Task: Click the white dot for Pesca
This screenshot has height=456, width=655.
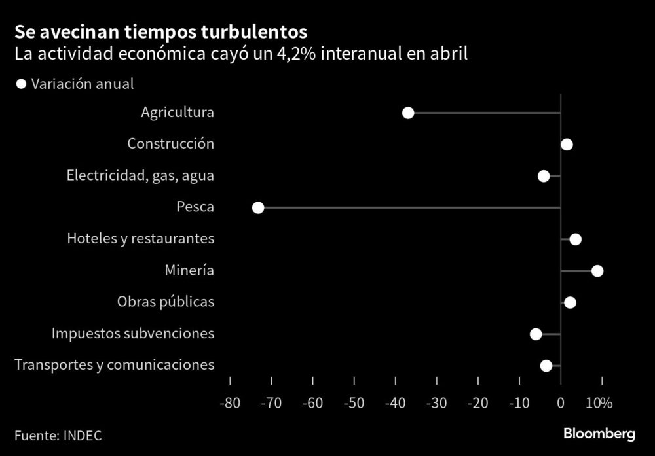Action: tap(258, 207)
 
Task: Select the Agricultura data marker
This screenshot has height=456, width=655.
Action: tap(408, 113)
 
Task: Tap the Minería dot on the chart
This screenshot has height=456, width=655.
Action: tap(597, 271)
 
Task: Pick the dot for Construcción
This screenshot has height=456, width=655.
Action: tap(567, 145)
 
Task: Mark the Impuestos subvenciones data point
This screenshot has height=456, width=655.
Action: tap(536, 334)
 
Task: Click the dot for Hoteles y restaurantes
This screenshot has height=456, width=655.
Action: tap(575, 239)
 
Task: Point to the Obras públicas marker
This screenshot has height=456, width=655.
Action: tap(570, 302)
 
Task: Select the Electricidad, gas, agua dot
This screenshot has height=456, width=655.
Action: tap(544, 175)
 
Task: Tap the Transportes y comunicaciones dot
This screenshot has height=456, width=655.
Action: tap(546, 366)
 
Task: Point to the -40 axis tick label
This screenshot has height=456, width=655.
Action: tap(394, 403)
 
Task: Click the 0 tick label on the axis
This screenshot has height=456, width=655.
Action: tap(560, 403)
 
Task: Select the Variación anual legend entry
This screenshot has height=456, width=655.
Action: tap(75, 84)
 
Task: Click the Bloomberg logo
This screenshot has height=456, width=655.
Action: tap(600, 434)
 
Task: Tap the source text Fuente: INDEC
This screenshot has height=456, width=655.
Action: tap(58, 435)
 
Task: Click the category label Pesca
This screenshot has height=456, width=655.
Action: tap(195, 207)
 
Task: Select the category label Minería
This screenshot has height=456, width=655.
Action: tap(189, 270)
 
